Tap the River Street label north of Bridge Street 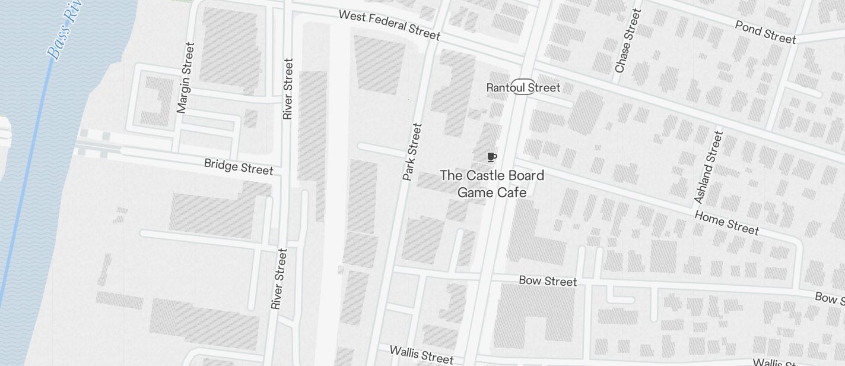pos(288,89)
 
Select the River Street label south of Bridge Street pos(279,279)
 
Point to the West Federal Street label pos(389,25)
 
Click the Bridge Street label pos(239,166)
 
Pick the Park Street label pos(412,152)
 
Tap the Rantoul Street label pos(523,88)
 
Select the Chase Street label pos(628,41)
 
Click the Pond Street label pos(765,31)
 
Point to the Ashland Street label pos(709,167)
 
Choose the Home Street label pos(726,222)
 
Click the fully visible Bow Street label pos(547,280)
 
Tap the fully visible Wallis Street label pos(421,354)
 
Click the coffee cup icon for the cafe pos(491,157)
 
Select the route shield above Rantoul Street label pos(523,85)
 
